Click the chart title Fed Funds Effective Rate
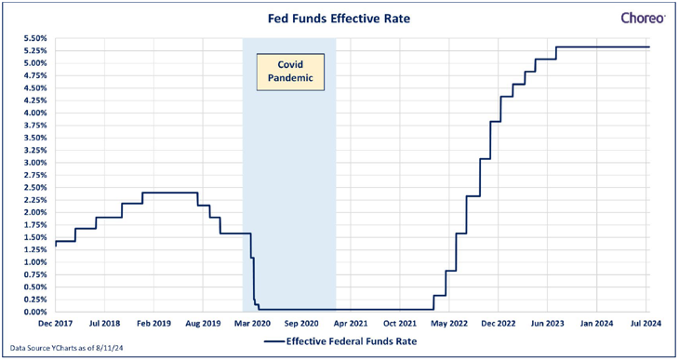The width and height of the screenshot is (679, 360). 339,19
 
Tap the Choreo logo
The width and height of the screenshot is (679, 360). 643,19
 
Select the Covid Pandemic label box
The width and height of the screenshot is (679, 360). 290,72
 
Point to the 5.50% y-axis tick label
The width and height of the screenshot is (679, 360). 35,38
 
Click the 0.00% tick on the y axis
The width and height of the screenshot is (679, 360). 35,312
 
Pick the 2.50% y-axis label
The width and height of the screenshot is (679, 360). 35,188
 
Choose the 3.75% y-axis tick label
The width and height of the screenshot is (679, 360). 35,126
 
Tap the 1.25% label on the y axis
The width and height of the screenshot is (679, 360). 35,249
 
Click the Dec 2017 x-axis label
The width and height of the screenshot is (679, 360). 56,324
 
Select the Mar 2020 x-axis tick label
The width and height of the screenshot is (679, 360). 252,324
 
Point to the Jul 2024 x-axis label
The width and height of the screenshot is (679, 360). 646,324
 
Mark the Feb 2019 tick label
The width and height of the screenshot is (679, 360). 153,324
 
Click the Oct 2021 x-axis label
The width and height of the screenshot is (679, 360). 400,324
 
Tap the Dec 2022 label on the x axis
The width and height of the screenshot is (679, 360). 499,324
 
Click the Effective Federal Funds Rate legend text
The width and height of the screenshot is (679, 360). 352,341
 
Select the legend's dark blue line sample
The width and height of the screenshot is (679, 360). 274,341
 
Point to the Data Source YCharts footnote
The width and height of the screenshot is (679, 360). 66,348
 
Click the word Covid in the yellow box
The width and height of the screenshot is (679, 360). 290,64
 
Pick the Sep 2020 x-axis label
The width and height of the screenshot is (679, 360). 301,324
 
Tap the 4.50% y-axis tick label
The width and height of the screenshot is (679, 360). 35,88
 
